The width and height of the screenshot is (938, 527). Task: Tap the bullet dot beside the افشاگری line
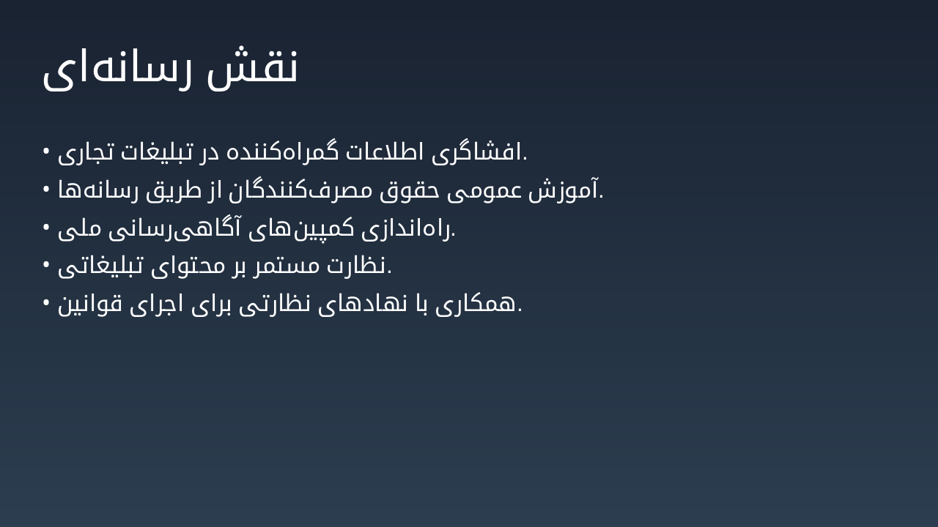[46, 151]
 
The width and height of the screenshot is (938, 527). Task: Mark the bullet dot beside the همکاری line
[46, 302]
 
